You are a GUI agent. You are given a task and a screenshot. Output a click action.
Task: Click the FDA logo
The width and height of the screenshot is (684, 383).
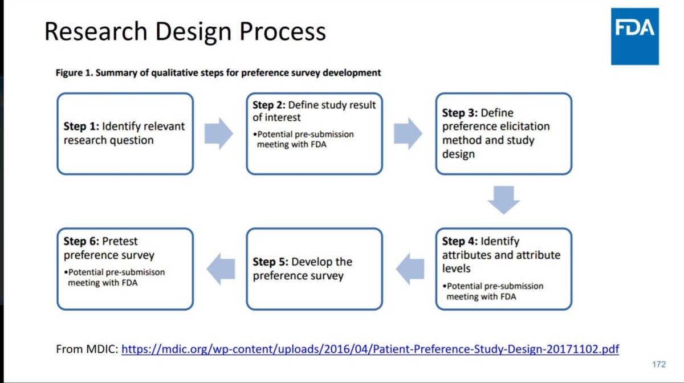pyautogui.click(x=635, y=36)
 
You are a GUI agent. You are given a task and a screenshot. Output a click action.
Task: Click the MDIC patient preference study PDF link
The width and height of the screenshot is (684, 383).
pyautogui.click(x=370, y=349)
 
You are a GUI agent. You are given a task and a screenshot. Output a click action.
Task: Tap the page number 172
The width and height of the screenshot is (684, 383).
pyautogui.click(x=659, y=364)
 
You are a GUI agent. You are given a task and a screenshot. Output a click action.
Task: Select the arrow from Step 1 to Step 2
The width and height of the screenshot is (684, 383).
pyautogui.click(x=219, y=133)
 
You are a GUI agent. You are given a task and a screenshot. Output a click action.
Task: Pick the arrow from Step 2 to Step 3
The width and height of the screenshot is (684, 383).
pyautogui.click(x=408, y=133)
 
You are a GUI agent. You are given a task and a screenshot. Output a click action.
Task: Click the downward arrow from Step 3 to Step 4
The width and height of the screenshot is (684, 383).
pyautogui.click(x=503, y=199)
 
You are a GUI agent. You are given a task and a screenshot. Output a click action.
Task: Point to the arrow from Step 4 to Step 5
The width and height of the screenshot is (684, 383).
pyautogui.click(x=410, y=269)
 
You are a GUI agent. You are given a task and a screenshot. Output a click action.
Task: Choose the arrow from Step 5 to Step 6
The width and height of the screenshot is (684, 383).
pyautogui.click(x=221, y=269)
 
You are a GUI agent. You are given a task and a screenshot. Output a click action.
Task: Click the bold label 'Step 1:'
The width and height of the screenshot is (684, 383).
pyautogui.click(x=81, y=127)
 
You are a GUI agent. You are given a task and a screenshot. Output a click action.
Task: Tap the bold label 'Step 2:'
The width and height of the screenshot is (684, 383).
pyautogui.click(x=269, y=105)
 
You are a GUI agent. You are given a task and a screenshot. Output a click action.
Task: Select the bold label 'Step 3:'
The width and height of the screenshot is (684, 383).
pyautogui.click(x=460, y=113)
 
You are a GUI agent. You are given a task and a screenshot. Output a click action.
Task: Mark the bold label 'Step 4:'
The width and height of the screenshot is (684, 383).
pyautogui.click(x=460, y=241)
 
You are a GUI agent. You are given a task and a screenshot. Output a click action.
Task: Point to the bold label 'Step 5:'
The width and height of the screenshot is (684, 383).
pyautogui.click(x=271, y=262)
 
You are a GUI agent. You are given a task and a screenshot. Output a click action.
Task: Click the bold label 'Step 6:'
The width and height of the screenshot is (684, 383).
pyautogui.click(x=81, y=241)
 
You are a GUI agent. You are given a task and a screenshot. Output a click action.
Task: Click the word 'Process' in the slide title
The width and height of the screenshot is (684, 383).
pyautogui.click(x=283, y=31)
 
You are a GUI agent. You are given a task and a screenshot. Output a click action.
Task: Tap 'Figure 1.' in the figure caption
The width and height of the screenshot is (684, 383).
pyautogui.click(x=74, y=73)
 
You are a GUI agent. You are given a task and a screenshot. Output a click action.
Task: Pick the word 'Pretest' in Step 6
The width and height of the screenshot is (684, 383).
pyautogui.click(x=120, y=241)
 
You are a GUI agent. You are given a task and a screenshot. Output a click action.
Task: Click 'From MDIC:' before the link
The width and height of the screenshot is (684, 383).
pyautogui.click(x=87, y=349)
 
